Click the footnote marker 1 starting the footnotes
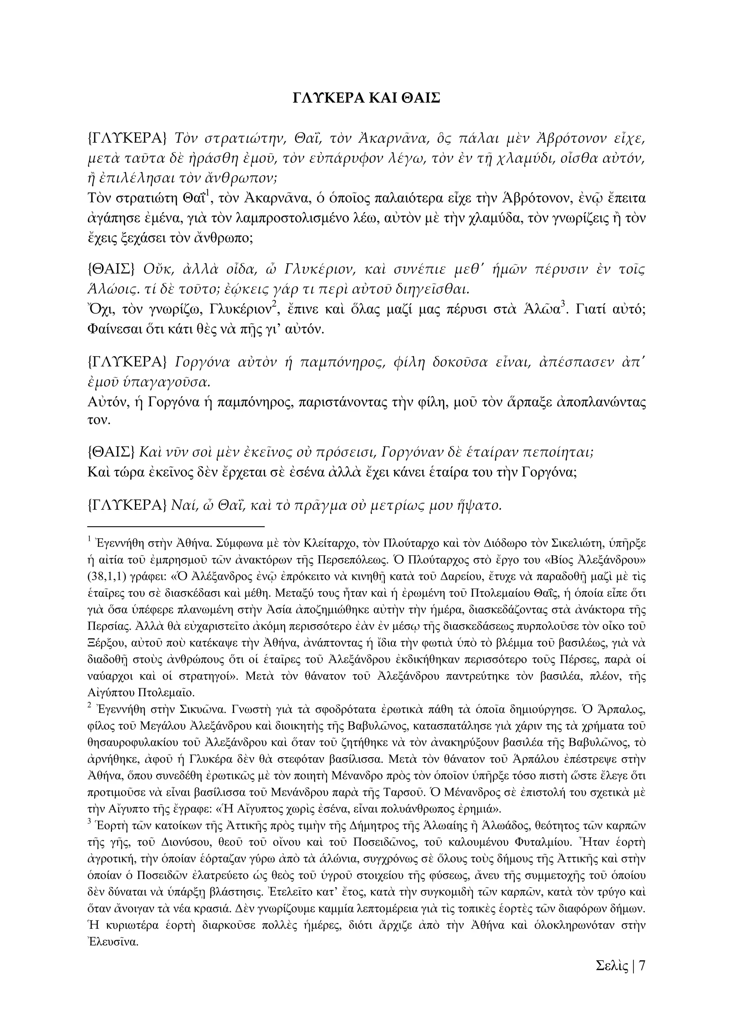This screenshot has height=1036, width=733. pos(90,538)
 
